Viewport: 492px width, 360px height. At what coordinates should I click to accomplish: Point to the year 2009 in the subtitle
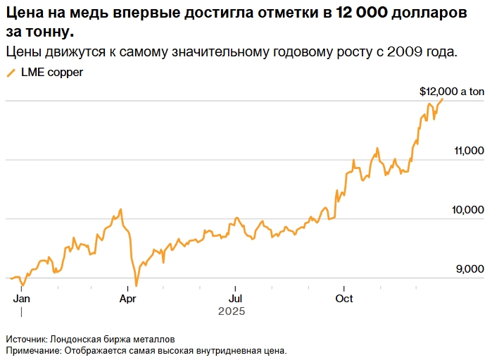tap(405, 53)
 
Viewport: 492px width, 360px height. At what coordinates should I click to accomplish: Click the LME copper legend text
tap(51, 73)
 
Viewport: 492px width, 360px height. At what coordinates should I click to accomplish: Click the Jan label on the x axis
tap(21, 298)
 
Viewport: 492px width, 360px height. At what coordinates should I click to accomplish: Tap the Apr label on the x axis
tap(128, 298)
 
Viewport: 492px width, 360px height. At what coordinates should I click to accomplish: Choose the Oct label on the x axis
tap(343, 298)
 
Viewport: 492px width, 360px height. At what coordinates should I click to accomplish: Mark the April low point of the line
tap(136, 285)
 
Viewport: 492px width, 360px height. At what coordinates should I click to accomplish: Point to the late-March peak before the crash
tap(121, 209)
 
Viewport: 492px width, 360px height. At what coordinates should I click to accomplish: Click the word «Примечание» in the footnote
tap(34, 349)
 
